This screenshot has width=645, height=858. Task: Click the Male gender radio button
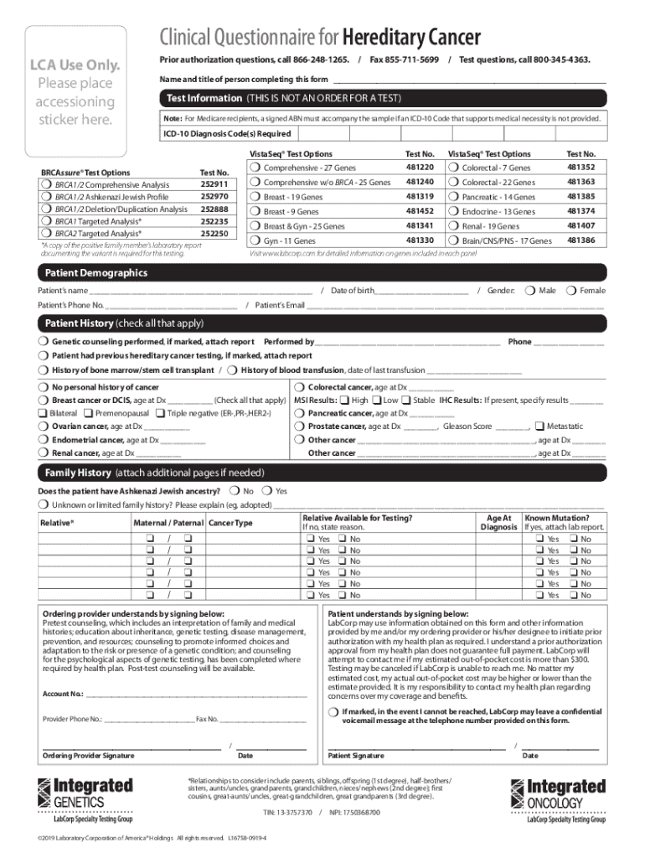coord(529,291)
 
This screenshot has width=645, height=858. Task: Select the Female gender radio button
coord(572,291)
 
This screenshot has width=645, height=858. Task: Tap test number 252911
coord(214,184)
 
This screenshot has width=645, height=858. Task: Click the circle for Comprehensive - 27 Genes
coord(255,168)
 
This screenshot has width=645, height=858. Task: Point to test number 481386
coord(580,240)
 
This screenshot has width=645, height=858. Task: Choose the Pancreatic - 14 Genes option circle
coord(453,197)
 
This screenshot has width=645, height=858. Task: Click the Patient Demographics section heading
coord(95,273)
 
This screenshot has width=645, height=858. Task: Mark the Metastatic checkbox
coord(539,426)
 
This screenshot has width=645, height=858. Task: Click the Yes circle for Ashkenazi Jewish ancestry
coord(266,491)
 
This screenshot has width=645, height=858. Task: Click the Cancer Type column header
coord(230,524)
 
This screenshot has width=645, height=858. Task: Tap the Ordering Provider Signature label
coord(88,756)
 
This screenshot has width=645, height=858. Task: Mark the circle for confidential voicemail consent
coord(333,711)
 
